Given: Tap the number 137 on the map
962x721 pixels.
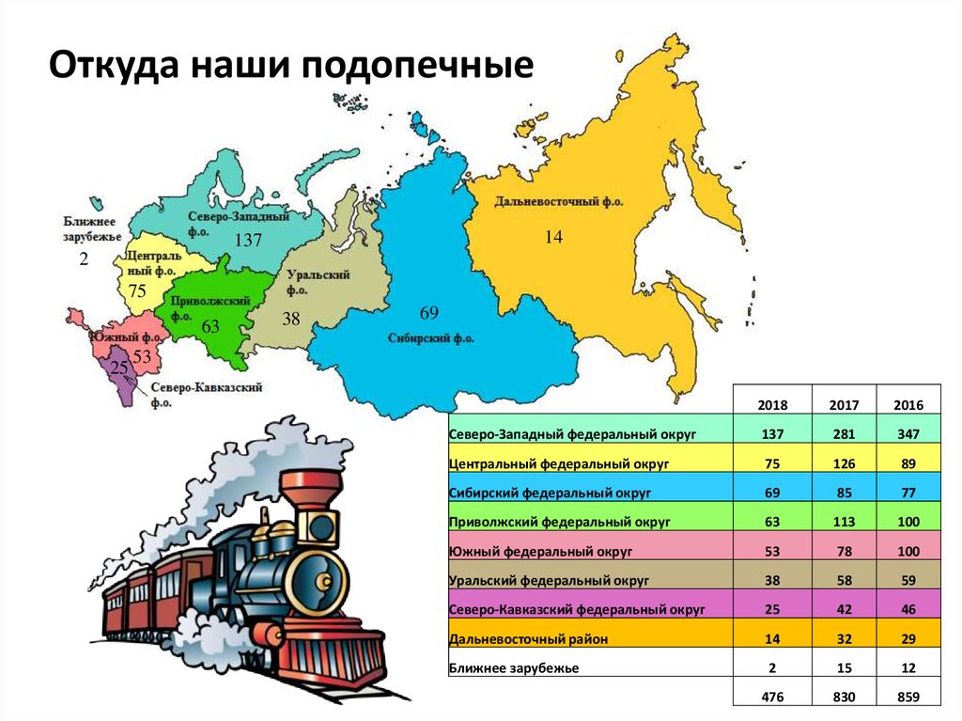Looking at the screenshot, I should [248, 241].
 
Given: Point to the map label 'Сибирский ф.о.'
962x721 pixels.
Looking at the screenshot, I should [431, 337].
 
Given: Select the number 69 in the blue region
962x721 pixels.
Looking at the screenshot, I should [429, 312].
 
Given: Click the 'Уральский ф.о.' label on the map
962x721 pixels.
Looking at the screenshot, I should [319, 282].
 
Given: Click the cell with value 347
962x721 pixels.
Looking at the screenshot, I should [908, 433].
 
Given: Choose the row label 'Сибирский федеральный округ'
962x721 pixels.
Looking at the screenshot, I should [551, 492].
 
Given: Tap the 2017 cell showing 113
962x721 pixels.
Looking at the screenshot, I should [845, 521].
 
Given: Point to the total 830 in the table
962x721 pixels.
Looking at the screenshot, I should [845, 697].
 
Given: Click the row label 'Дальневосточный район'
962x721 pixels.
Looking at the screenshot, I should [529, 638].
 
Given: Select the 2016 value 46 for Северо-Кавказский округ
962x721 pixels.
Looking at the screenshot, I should [908, 609].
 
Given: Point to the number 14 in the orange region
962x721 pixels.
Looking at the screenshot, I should [553, 238].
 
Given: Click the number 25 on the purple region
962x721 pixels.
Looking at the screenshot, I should [119, 367].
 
